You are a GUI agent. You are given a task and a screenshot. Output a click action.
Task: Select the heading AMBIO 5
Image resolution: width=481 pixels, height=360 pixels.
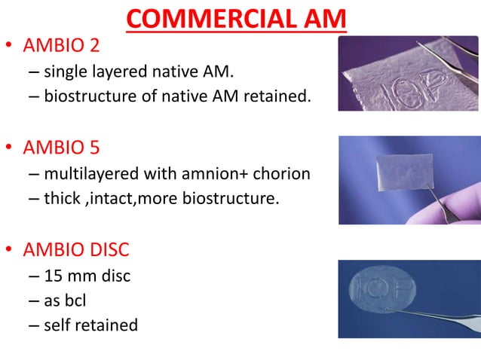point(61,148)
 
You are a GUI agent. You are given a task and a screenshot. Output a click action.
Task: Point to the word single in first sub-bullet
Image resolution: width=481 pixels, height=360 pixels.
point(66,73)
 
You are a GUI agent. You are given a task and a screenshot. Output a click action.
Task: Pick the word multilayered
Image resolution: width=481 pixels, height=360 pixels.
point(96,175)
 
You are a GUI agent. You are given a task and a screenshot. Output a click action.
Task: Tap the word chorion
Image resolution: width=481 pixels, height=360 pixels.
point(280,175)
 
